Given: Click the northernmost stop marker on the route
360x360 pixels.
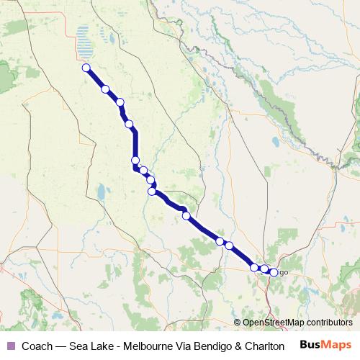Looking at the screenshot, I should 86,68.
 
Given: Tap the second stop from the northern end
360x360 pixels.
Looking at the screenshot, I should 106,89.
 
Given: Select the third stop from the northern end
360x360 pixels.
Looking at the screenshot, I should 120,102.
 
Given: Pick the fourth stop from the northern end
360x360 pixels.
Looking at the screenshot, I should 130,124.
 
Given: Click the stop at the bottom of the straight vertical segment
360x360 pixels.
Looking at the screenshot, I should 135,161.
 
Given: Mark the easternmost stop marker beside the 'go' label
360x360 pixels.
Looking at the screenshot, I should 274,272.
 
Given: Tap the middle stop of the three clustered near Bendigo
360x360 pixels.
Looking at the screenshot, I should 264,269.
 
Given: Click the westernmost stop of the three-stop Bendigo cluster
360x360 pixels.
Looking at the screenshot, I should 254,267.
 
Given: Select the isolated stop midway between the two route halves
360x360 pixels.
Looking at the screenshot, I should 186,215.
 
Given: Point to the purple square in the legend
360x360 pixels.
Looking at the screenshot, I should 9,346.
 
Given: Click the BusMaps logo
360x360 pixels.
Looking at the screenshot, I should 325,345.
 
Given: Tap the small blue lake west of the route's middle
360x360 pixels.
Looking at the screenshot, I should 102,192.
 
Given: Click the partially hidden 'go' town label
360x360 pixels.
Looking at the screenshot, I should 283,272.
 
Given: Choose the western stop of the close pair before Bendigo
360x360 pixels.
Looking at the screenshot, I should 220,241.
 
